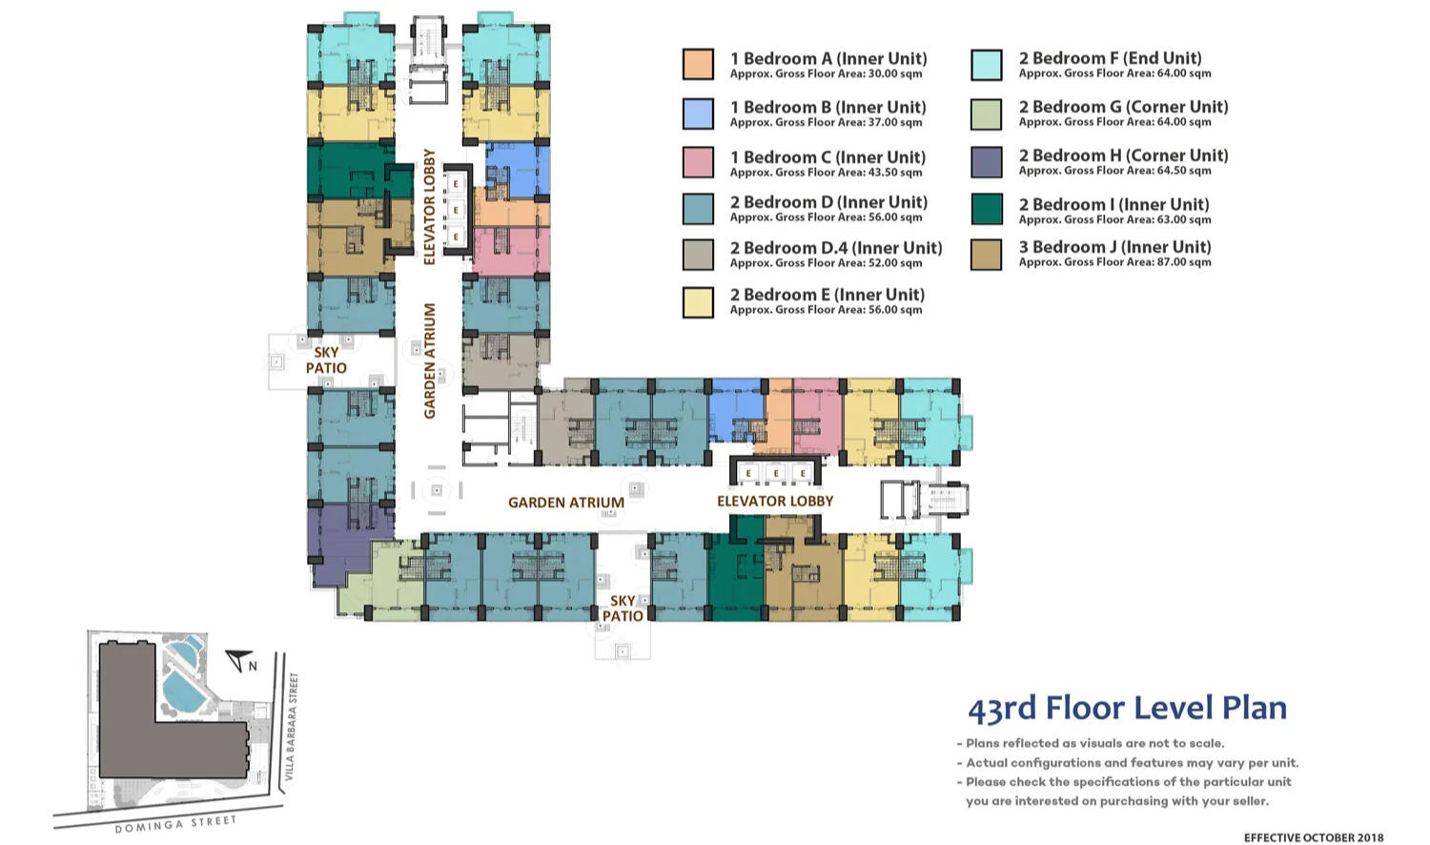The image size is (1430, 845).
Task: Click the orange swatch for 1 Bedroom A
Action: pos(698,64)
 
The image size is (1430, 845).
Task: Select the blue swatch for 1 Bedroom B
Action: pos(698,113)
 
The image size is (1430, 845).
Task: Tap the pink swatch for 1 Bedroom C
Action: pos(698,162)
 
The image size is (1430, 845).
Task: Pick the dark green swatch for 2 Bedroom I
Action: pos(987,210)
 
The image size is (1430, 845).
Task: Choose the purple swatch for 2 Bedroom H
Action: pos(987,162)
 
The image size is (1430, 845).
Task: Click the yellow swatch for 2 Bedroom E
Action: pos(698,302)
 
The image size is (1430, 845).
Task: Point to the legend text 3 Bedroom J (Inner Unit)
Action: pos(1114,247)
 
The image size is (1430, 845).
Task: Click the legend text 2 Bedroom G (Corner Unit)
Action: pos(1124,107)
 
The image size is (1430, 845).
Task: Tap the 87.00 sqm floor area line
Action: pos(1114,262)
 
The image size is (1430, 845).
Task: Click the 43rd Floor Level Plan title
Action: pos(1128,709)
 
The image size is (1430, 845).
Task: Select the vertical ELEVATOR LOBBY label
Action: pos(429,207)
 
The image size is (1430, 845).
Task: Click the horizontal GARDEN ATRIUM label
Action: pos(566,503)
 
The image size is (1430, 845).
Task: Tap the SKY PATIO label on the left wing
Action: pos(326,361)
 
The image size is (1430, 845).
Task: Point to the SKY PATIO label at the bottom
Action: pos(623,608)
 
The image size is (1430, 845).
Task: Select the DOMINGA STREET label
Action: pos(175,824)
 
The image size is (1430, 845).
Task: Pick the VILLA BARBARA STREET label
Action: pos(291,726)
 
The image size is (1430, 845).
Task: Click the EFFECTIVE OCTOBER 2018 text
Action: pos(1314,837)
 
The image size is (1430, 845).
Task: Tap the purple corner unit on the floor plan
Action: pos(345,546)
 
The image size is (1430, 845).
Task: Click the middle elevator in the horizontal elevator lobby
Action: pos(776,473)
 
